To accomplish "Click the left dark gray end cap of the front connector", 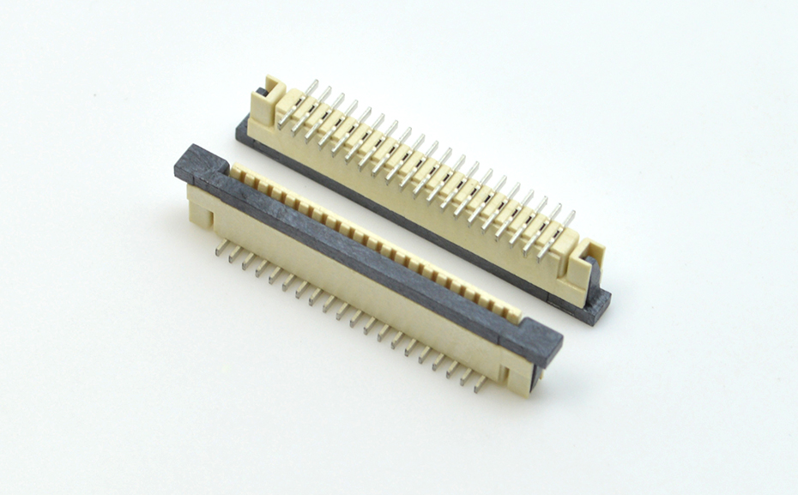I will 200,163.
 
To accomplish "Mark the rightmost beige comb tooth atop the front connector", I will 514,314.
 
